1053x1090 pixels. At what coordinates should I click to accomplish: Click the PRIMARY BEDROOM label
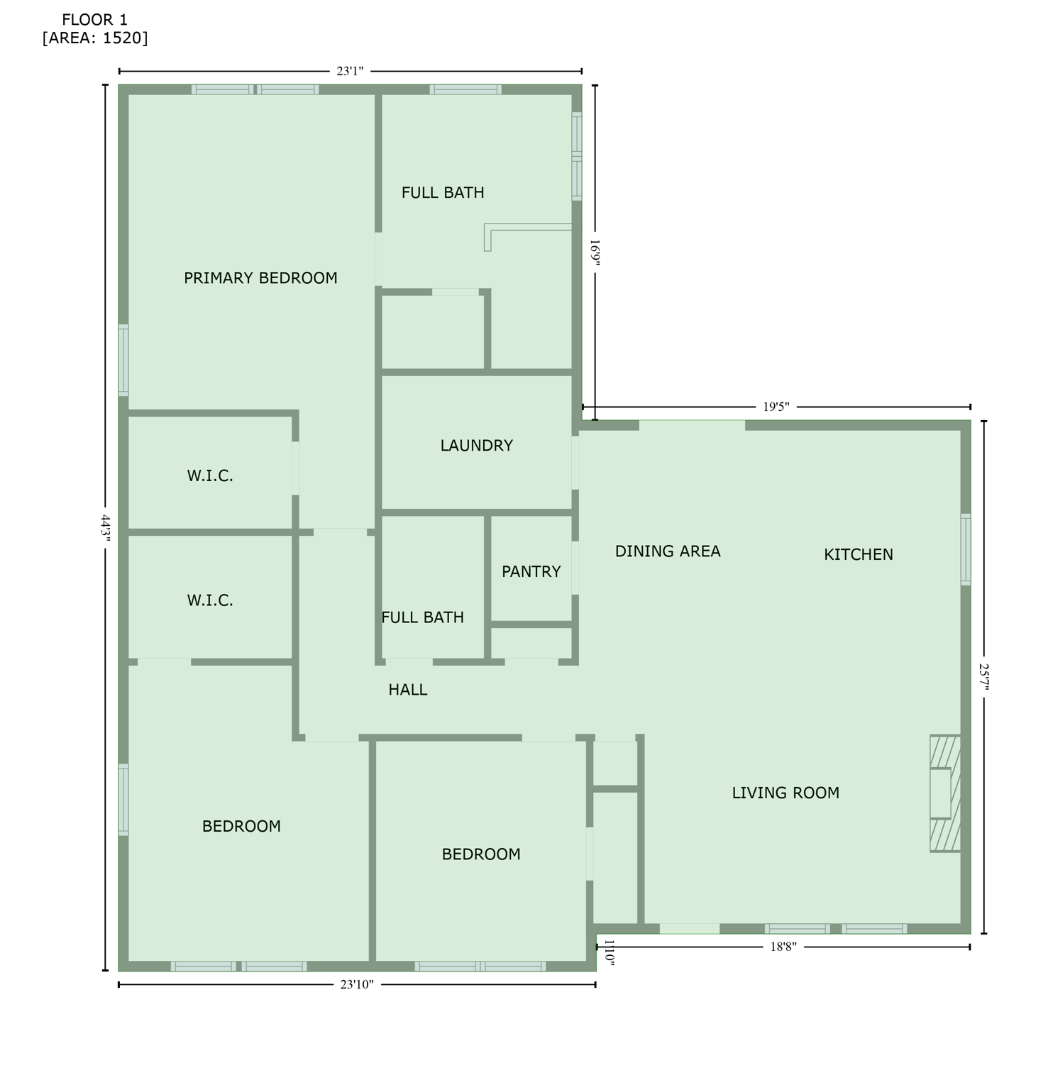tap(260, 278)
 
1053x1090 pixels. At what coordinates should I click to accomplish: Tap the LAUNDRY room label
tap(476, 446)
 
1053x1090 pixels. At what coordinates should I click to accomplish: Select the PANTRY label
tap(531, 572)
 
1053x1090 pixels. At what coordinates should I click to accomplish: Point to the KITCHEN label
tap(858, 555)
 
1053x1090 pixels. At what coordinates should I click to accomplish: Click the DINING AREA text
tap(667, 551)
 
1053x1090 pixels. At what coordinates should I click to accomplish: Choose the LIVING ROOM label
tap(785, 793)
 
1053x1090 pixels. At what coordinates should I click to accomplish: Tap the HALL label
tap(407, 690)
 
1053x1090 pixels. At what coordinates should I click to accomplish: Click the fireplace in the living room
tap(945, 793)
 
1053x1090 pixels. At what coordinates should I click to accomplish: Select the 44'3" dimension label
tap(106, 529)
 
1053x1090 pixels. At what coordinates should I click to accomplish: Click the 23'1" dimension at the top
tap(350, 71)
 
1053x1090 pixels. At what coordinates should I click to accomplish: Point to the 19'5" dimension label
tap(776, 407)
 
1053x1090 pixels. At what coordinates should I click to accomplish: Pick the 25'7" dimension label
tap(984, 676)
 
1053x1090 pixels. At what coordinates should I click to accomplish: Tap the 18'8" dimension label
tap(783, 947)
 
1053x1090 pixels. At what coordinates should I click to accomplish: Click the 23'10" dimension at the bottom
tap(356, 984)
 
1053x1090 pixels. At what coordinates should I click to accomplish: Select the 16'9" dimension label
tap(595, 252)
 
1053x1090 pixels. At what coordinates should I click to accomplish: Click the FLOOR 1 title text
tap(94, 20)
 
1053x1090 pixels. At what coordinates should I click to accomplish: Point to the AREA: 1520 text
tap(95, 38)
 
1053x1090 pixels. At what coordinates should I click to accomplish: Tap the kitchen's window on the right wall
tap(966, 549)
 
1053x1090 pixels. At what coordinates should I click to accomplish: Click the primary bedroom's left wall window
tap(123, 360)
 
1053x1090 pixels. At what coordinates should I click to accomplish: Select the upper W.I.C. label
tap(210, 476)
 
